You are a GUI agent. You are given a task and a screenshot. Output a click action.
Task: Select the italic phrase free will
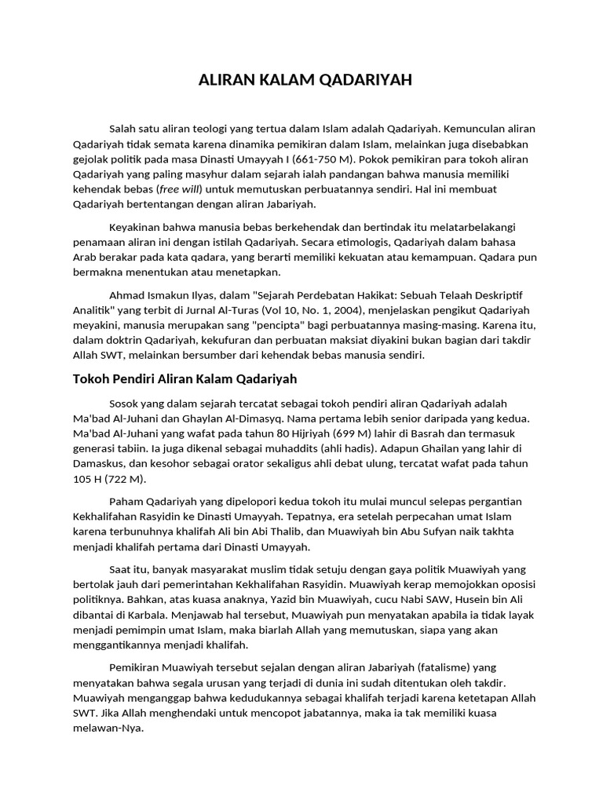coord(180,190)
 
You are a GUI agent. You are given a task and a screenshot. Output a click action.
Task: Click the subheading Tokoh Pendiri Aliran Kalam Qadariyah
coord(185,379)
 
